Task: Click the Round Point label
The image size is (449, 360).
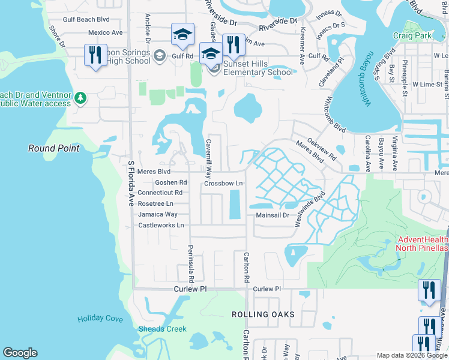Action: (54, 148)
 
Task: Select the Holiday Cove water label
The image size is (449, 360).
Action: (100, 319)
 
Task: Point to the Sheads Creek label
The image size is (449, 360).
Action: (162, 329)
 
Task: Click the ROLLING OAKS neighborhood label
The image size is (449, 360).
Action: (263, 314)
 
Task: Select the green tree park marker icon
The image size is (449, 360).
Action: (80, 98)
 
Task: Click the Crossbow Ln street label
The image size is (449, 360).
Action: (223, 183)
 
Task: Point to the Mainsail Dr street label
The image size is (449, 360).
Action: (273, 215)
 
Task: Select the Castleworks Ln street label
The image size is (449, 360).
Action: (161, 225)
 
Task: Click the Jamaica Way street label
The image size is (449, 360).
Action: (158, 214)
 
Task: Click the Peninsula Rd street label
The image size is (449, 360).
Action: (191, 265)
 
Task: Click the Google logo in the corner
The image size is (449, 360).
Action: (20, 353)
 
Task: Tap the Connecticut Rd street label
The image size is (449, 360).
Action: (160, 193)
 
